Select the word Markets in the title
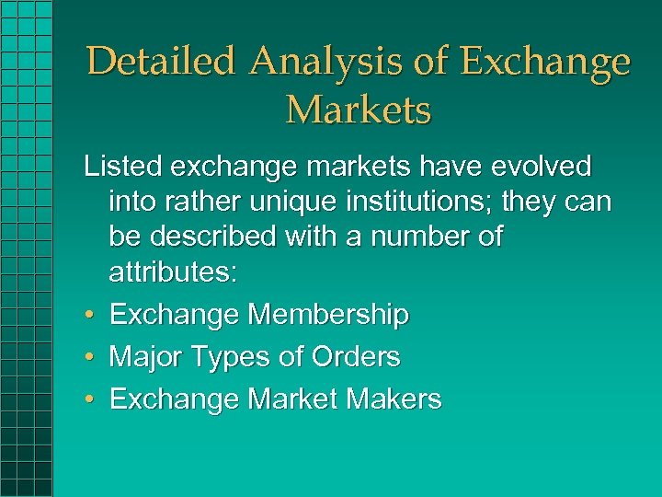359,110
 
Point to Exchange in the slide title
545,63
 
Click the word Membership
328,316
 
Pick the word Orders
356,356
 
